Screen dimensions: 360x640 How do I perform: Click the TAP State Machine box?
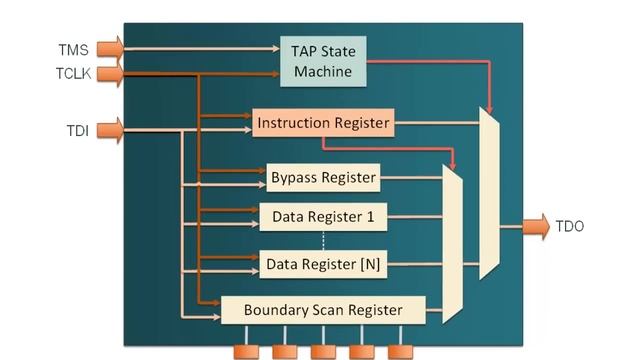click(x=323, y=61)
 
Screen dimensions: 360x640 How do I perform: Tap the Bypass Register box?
click(x=323, y=178)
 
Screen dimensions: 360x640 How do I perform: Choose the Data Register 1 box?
click(x=323, y=216)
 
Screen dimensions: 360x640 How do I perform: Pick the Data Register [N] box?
click(x=323, y=264)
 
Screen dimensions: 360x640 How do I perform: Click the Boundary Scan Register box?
click(x=323, y=310)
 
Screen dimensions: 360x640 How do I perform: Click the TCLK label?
click(x=72, y=73)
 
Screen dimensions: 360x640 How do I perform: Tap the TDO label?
click(x=569, y=227)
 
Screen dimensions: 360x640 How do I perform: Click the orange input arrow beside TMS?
click(x=111, y=47)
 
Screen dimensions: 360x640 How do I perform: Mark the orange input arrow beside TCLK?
click(x=111, y=73)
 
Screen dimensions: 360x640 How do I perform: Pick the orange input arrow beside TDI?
click(x=111, y=128)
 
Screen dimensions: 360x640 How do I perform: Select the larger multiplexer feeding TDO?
click(x=489, y=194)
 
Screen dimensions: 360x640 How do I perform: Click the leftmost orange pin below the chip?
click(x=247, y=351)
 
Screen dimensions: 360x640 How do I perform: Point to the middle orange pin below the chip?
click(x=323, y=351)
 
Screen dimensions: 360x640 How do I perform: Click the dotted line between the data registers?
click(x=323, y=240)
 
